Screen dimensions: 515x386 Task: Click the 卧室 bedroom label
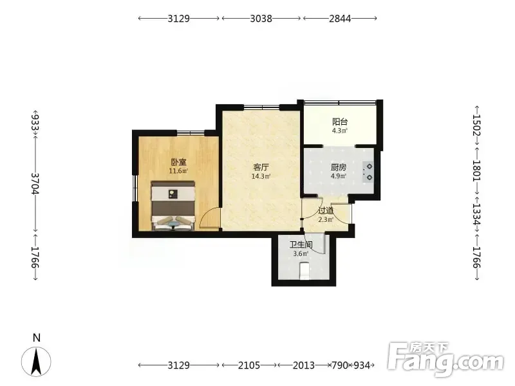tap(179, 162)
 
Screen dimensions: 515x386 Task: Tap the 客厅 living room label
tap(261, 167)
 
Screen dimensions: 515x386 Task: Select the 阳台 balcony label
tap(340, 122)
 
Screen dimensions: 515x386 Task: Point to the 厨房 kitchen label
tap(339, 167)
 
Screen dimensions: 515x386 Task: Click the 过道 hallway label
tap(326, 210)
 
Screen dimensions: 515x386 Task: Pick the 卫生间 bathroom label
tap(301, 245)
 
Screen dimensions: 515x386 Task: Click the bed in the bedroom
tap(173, 206)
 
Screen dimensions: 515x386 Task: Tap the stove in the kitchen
tap(368, 172)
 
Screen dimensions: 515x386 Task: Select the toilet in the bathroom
tap(305, 270)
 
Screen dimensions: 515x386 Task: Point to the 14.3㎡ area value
tap(261, 176)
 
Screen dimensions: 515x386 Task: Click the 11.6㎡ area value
tap(179, 171)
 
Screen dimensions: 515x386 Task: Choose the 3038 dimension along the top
tap(261, 19)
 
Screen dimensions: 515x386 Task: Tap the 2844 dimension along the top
tap(340, 19)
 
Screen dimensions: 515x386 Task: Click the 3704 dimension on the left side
tap(35, 183)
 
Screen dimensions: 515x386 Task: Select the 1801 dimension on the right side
tap(476, 170)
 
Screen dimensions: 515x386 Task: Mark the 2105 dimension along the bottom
tap(249, 365)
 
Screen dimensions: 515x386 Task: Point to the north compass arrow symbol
tap(36, 361)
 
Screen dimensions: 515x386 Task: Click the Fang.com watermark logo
tap(445, 360)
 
